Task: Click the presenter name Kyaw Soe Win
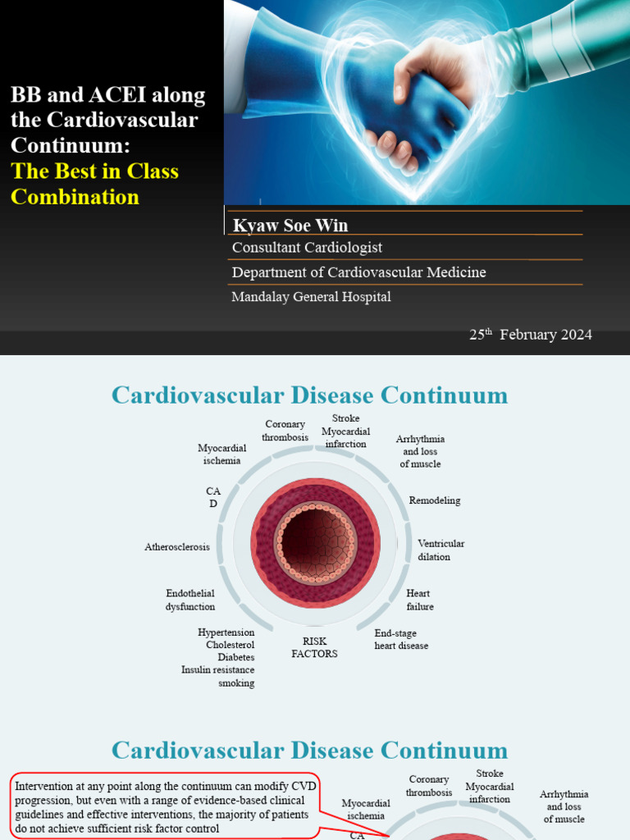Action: (290, 226)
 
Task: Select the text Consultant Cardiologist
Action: (307, 247)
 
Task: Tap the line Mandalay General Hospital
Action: (311, 297)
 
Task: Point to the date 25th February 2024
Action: (530, 335)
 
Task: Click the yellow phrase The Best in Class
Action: (94, 171)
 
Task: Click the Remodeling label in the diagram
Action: (435, 500)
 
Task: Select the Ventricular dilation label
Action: (441, 550)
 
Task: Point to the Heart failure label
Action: (419, 600)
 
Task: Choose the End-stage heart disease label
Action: (401, 639)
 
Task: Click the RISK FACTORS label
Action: (314, 647)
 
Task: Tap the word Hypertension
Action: (226, 632)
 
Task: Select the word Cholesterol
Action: (230, 645)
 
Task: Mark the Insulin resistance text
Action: (217, 670)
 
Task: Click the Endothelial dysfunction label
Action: (190, 600)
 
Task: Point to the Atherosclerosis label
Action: (177, 546)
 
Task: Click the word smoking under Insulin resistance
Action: (236, 683)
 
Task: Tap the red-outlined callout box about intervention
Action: (164, 806)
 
